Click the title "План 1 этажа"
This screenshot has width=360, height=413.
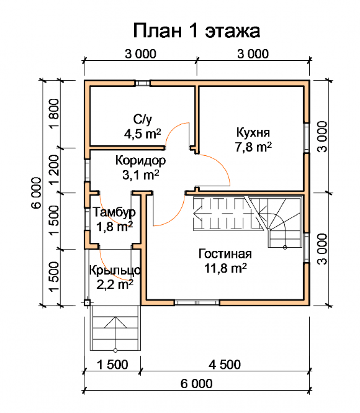[x=197, y=31]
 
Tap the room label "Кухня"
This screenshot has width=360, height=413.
[x=253, y=133]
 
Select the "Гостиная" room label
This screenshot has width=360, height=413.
[x=225, y=254]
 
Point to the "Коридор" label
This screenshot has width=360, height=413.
[x=141, y=161]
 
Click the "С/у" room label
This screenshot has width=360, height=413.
[x=142, y=119]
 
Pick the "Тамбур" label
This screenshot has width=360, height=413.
[x=114, y=212]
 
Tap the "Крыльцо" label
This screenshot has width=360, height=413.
[x=115, y=270]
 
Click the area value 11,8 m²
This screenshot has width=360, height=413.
[x=225, y=268]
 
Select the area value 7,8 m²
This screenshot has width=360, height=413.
[x=253, y=147]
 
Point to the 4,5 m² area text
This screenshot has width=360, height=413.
[x=142, y=134]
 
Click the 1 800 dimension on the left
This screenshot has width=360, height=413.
[x=54, y=114]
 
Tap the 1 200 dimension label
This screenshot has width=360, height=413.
[x=54, y=170]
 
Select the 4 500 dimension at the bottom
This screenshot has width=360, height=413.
[x=225, y=365]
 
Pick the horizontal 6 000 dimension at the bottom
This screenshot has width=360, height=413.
[x=197, y=384]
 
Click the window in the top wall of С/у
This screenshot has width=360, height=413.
[x=143, y=83]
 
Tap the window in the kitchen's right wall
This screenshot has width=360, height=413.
[x=307, y=138]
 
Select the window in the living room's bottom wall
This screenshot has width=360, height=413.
[x=197, y=303]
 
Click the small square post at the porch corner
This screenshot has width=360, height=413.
[x=87, y=303]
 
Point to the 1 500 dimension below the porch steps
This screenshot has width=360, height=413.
[x=112, y=365]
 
